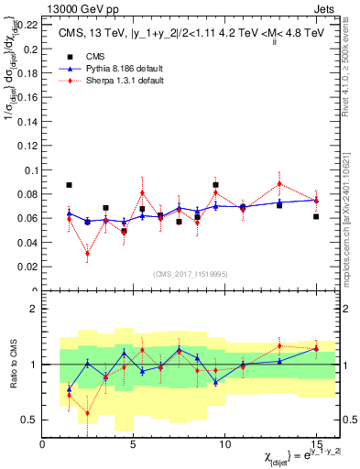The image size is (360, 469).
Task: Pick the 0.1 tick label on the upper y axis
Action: coord(31,169)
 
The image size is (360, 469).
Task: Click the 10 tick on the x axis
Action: coord(226,443)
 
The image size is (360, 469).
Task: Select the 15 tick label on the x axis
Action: coord(316,443)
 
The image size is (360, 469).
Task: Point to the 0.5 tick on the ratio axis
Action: coord(30,420)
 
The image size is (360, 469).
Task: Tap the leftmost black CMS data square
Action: coord(70,185)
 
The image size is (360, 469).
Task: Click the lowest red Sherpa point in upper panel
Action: coord(88,254)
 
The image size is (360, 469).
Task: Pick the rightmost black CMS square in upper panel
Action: coord(316,216)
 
